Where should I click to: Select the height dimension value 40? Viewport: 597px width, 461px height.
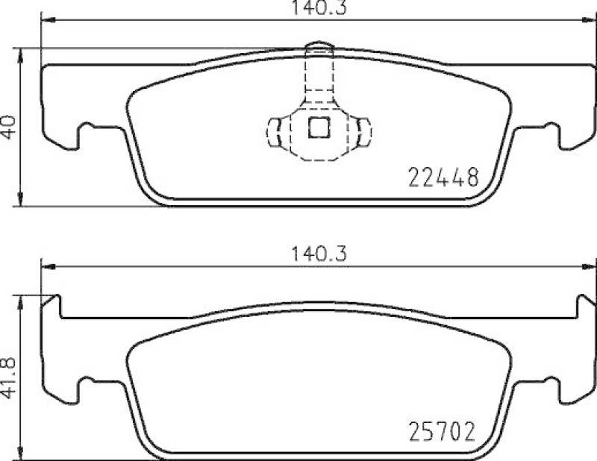(x=9, y=125)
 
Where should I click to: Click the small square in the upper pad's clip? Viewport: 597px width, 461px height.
(x=319, y=129)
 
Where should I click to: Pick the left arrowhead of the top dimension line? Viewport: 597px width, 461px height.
(x=45, y=21)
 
